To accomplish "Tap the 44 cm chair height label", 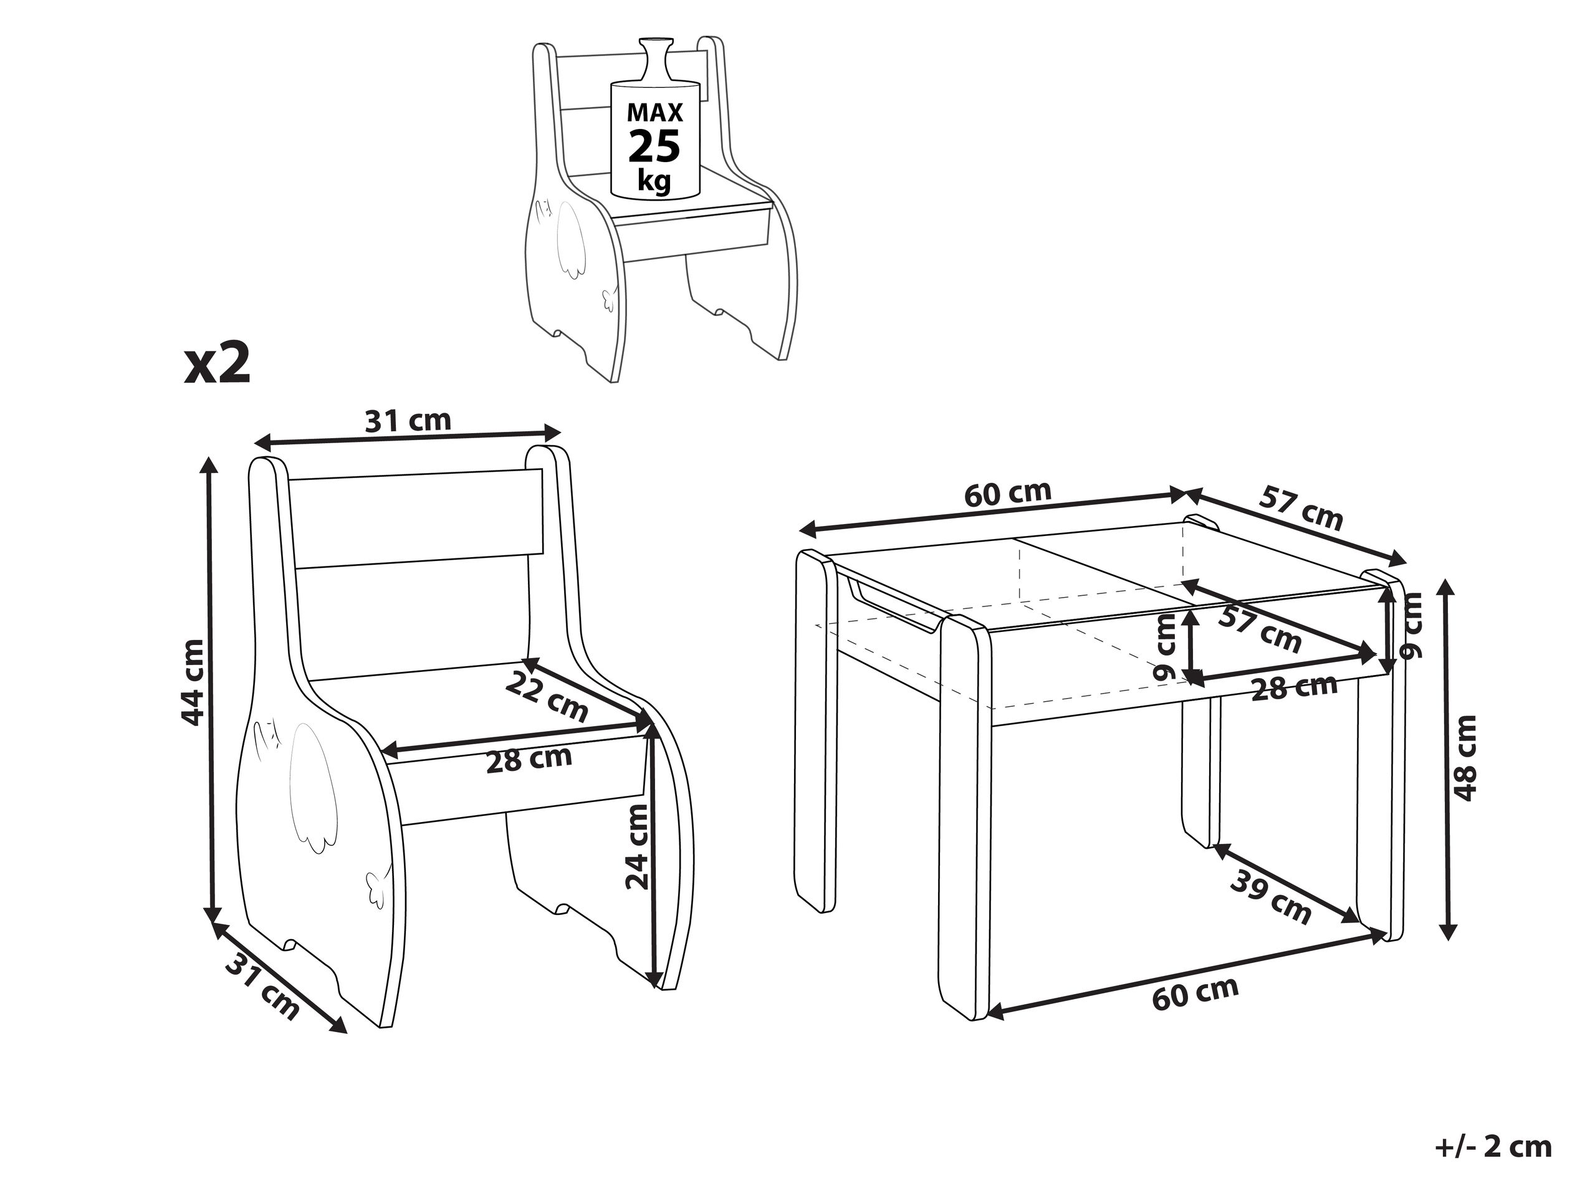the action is tap(193, 681).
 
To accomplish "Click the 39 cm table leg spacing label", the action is tap(1270, 897).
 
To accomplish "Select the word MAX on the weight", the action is tap(654, 112).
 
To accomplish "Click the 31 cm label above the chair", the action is tap(408, 420).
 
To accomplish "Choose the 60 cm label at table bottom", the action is tap(1195, 993).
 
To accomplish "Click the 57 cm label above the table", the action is tap(1301, 507).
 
